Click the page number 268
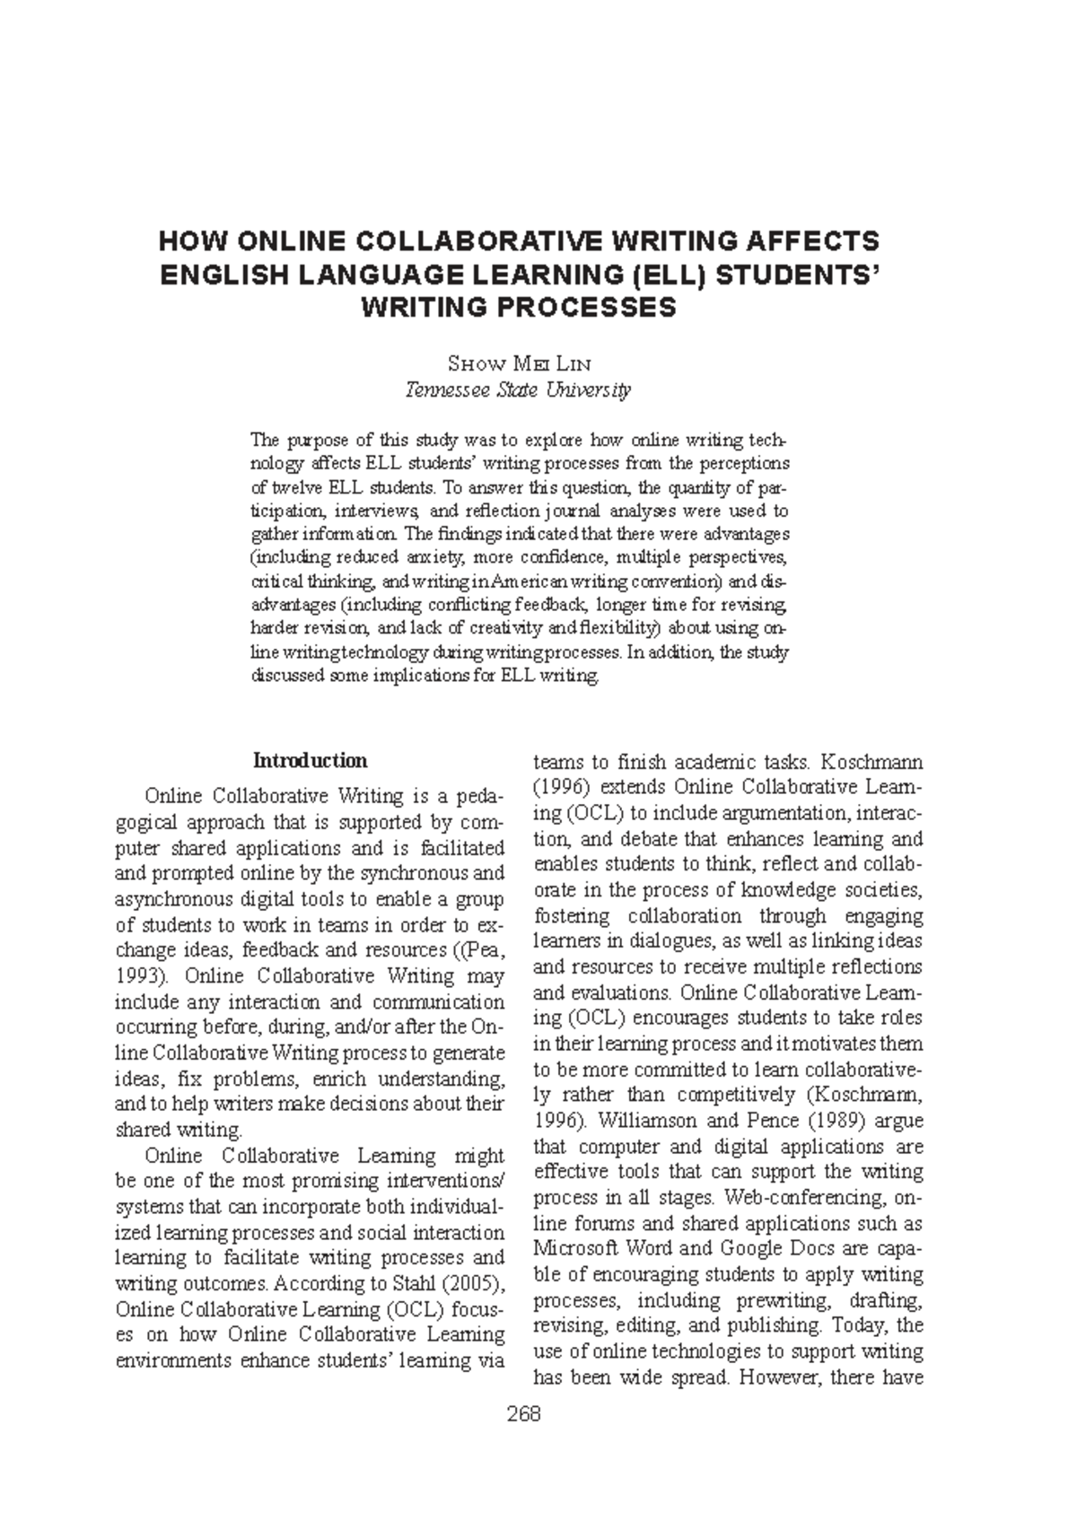click(x=523, y=1415)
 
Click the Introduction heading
click(x=310, y=761)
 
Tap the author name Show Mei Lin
click(x=519, y=363)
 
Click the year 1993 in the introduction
click(x=135, y=975)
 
